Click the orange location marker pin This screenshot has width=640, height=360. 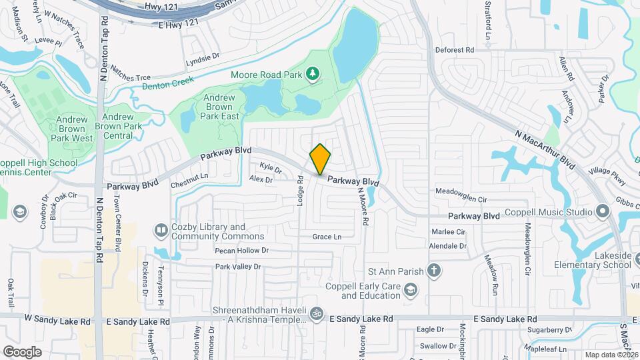pos(321,159)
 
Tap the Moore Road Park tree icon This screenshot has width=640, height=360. pos(313,75)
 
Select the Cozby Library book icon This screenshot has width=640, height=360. pos(161,231)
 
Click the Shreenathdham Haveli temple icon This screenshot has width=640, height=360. pos(317,311)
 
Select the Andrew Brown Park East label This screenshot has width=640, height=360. pos(219,107)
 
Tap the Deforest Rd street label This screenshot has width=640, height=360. pos(454,49)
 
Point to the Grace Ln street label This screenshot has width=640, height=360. pos(327,237)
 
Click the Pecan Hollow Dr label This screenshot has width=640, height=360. pos(241,251)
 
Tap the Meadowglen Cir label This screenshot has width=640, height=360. pos(461,199)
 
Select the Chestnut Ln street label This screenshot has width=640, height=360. pos(189,177)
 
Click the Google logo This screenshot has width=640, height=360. pos(22,351)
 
